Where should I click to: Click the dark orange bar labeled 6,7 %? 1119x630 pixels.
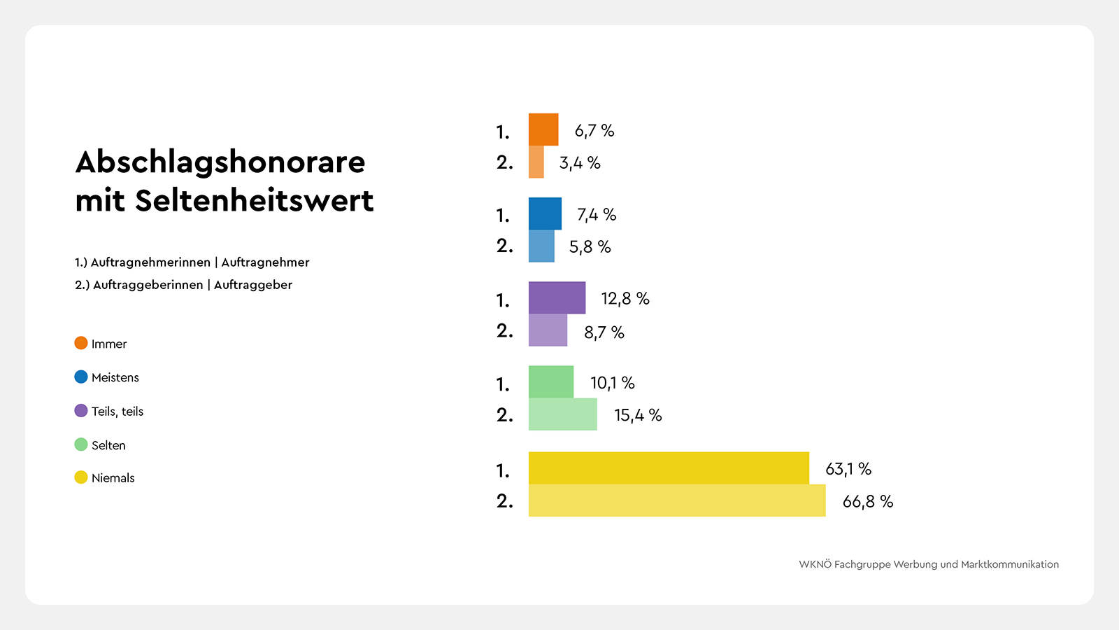click(x=543, y=129)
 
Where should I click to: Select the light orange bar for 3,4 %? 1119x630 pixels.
click(x=536, y=162)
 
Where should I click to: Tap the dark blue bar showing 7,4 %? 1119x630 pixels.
click(x=545, y=213)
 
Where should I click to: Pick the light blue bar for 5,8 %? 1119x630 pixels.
click(x=541, y=246)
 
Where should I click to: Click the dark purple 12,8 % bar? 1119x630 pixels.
click(x=557, y=297)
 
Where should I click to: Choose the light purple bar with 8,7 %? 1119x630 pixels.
click(x=548, y=330)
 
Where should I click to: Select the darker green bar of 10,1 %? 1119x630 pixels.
click(x=551, y=381)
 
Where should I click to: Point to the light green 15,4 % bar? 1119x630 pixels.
click(x=563, y=414)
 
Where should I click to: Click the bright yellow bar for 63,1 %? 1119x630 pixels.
click(x=669, y=468)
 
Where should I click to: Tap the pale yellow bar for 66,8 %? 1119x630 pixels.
click(x=677, y=500)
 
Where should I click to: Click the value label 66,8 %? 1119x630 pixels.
click(x=867, y=501)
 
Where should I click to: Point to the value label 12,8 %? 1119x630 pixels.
click(x=625, y=299)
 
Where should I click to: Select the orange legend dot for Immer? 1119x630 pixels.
click(x=81, y=343)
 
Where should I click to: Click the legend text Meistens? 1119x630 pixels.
click(x=115, y=377)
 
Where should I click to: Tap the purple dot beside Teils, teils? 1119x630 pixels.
click(x=81, y=411)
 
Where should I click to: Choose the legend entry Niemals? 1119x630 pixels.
click(x=113, y=478)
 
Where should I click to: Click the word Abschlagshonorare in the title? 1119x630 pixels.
click(x=220, y=162)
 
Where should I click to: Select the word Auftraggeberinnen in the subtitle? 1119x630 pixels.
click(x=148, y=285)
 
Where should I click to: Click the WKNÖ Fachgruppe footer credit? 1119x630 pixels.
click(x=929, y=564)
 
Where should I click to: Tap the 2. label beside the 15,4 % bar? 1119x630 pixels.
click(x=504, y=415)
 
